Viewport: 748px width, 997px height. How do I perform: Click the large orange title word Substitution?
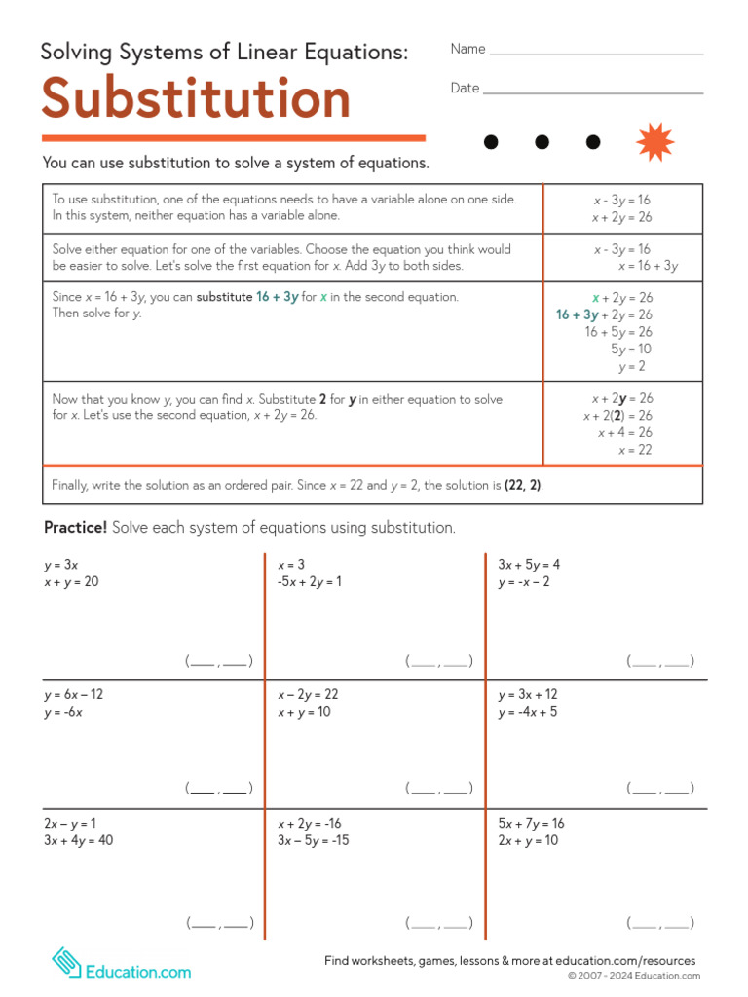(x=196, y=99)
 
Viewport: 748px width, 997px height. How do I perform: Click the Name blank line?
(x=596, y=54)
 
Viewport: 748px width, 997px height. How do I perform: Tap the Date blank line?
(x=593, y=93)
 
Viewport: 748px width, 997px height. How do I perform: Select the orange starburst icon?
(x=654, y=142)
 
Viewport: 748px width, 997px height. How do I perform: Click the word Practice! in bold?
(x=76, y=528)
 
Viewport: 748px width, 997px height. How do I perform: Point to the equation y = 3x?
(x=61, y=565)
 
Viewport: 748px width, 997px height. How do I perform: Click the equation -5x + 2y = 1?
(x=310, y=582)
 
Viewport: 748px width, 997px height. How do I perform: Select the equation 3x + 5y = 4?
(x=529, y=565)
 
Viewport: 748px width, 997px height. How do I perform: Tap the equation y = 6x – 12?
(x=74, y=695)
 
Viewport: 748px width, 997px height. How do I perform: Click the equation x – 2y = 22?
(x=308, y=695)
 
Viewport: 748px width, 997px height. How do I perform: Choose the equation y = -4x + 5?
(x=528, y=712)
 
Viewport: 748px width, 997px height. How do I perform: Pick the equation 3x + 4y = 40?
(x=78, y=840)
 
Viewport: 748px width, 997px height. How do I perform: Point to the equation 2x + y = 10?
(x=528, y=840)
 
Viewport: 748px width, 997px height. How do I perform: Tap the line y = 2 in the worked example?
(x=631, y=367)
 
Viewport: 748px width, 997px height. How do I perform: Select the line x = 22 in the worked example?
(x=635, y=450)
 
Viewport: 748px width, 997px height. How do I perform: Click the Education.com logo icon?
(x=66, y=963)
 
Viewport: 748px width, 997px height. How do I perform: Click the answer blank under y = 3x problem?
(x=219, y=662)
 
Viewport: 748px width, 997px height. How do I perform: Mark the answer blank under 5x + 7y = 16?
(x=660, y=923)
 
